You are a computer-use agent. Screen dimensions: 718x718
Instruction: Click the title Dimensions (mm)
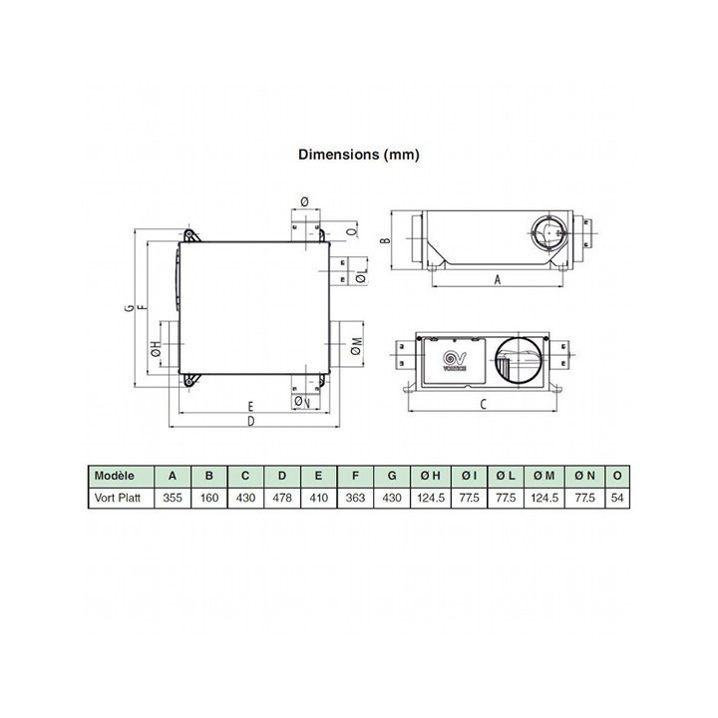359,155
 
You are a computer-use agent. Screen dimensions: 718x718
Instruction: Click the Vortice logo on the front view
460,359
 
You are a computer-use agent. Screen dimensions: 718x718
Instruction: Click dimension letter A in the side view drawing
498,282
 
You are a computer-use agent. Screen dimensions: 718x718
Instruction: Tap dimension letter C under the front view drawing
483,404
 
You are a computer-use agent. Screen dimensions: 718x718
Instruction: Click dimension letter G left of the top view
130,307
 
